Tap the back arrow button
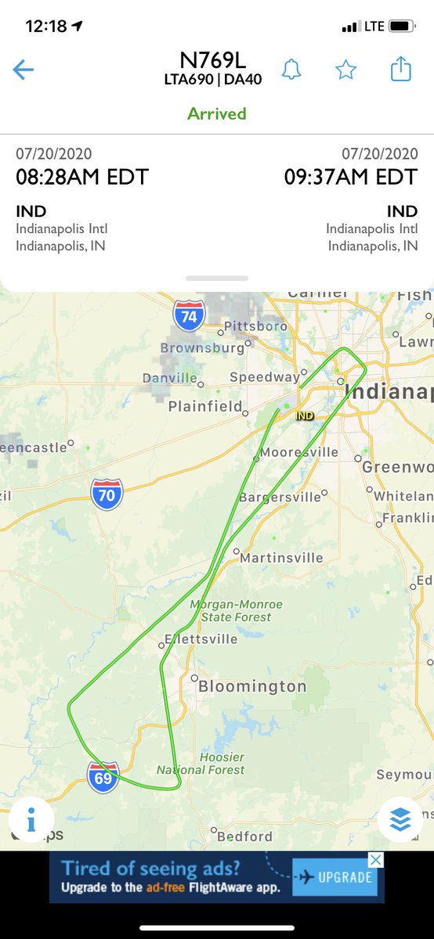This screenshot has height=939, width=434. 23,70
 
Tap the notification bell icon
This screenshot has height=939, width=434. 292,70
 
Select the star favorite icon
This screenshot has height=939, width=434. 345,70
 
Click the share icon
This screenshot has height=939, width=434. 400,70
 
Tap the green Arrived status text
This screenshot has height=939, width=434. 217,113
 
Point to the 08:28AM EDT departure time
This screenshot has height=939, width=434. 82,177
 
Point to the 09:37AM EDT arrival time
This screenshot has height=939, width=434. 351,177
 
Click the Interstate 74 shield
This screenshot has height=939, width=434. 189,315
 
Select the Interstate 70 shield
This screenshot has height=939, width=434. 107,495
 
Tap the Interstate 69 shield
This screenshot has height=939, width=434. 103,777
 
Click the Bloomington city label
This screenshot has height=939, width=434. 251,686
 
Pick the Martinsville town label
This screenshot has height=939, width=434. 281,558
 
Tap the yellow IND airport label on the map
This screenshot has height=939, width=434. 305,416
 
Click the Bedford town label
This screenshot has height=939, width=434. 244,836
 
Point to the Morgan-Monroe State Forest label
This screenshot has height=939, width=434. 236,610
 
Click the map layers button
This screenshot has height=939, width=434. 400,819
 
